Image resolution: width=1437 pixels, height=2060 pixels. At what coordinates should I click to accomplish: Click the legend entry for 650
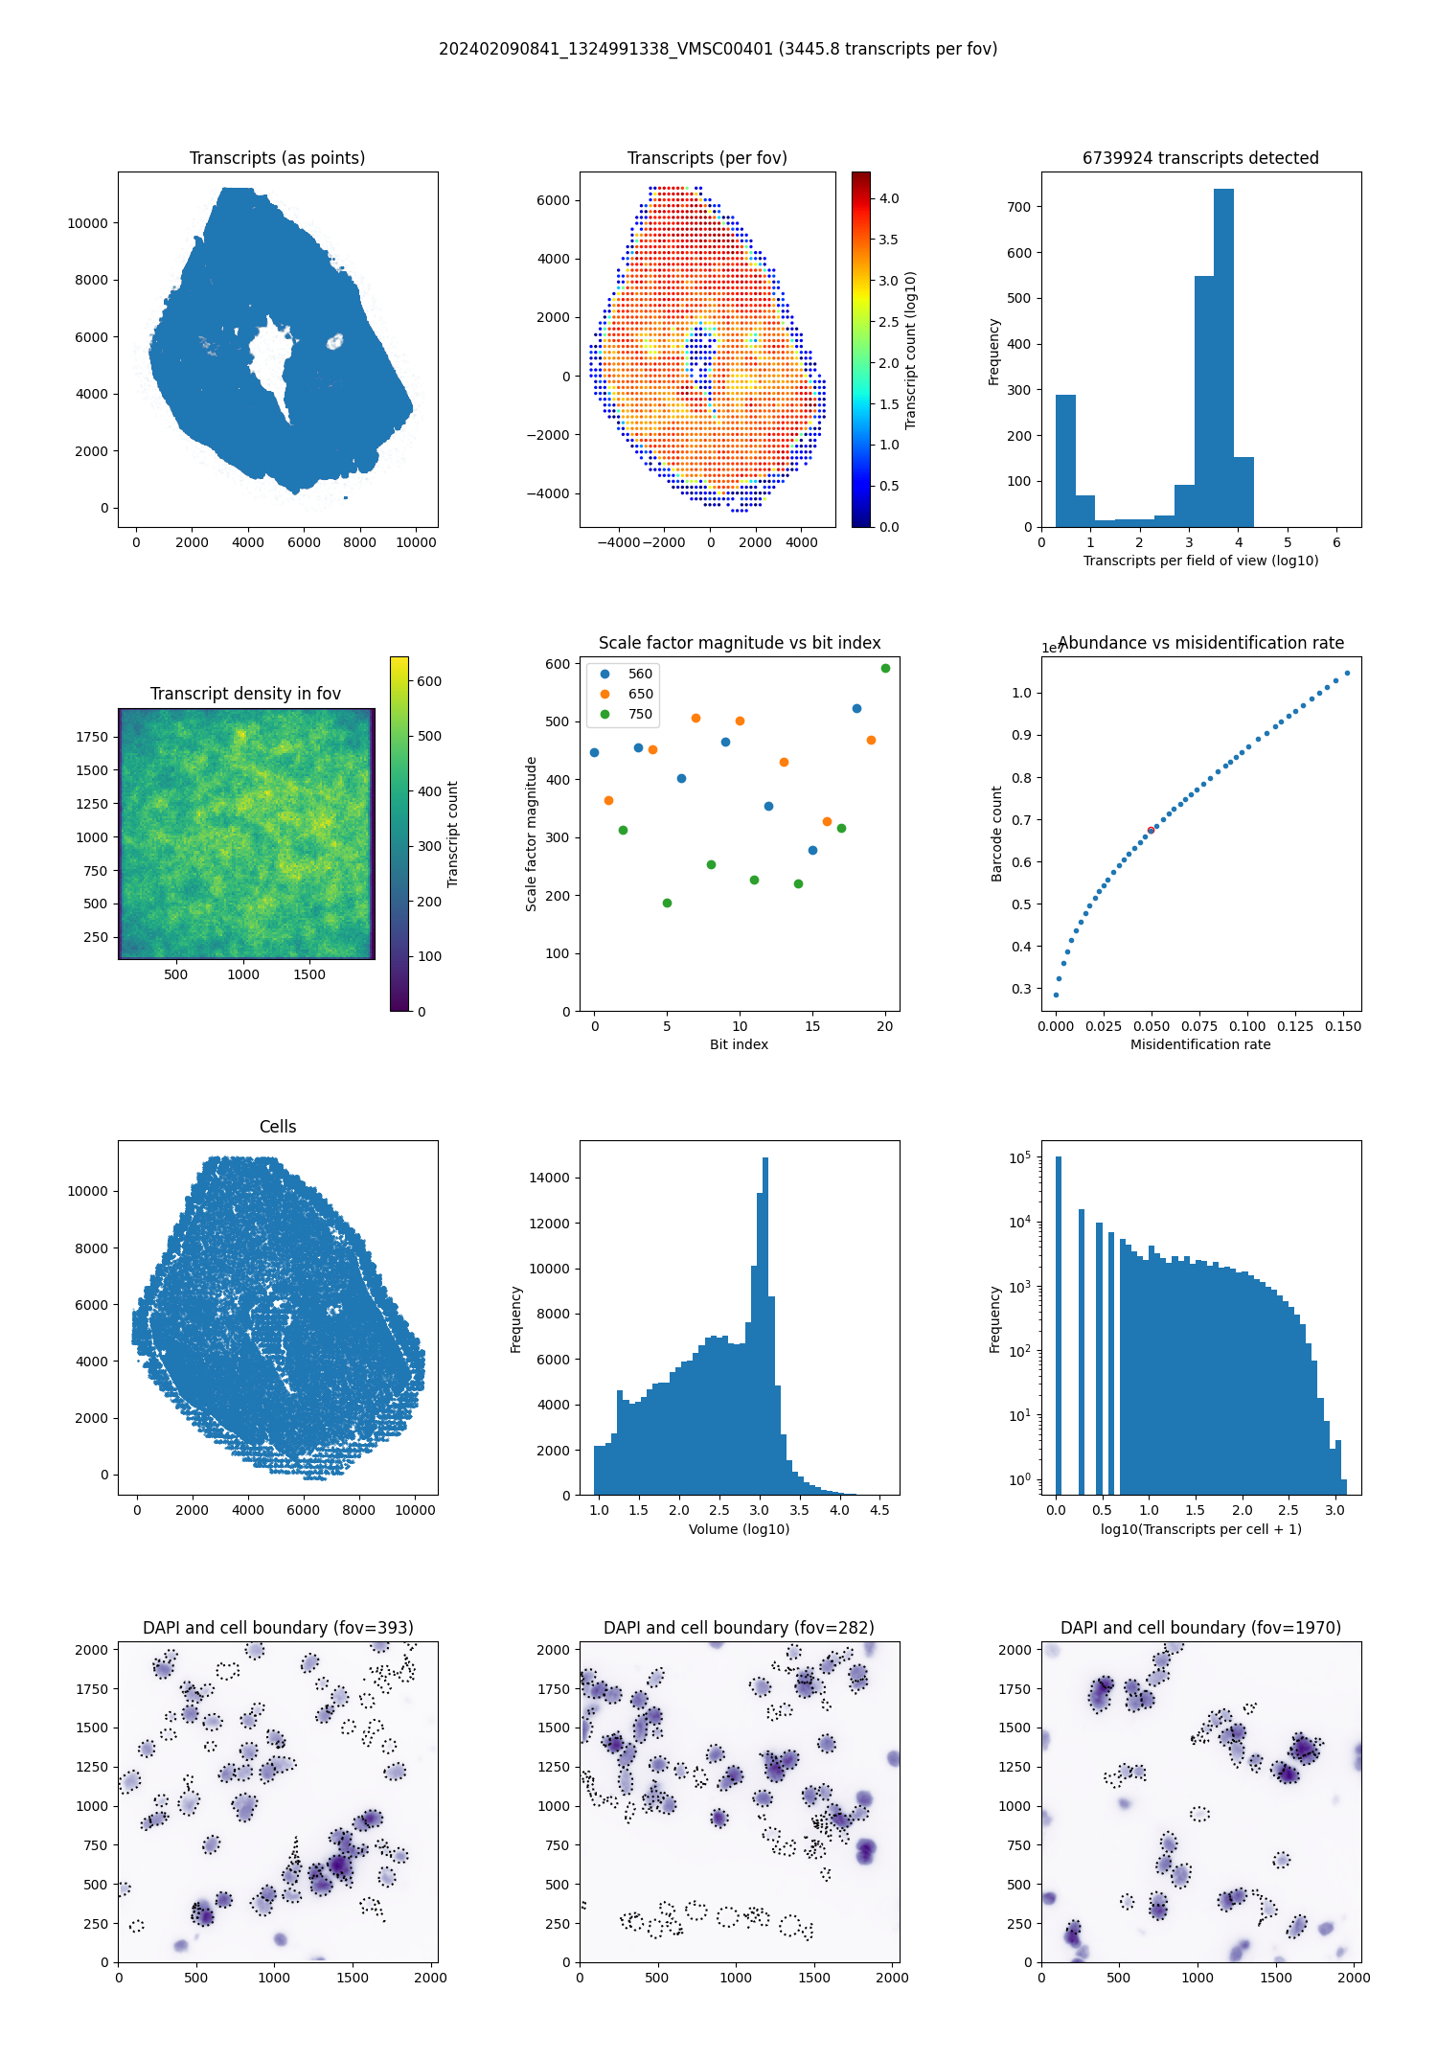640,694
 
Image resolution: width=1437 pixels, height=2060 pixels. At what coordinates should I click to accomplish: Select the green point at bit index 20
885,668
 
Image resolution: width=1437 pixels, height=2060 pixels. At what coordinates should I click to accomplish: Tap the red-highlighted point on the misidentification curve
1151,830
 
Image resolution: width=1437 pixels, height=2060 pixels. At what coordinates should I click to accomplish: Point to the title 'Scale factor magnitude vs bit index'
740,643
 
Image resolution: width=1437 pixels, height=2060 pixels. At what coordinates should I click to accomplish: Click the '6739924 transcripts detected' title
1200,158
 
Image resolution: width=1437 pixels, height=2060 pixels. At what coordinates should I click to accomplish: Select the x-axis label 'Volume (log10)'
740,1529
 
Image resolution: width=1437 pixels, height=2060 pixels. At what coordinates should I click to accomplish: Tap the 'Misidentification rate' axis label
1200,1044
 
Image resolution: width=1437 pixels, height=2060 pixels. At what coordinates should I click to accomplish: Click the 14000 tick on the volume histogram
550,1178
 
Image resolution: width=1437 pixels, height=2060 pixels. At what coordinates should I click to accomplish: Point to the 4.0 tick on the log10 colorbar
889,198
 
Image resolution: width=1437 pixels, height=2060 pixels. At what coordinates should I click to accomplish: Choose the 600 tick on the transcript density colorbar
429,681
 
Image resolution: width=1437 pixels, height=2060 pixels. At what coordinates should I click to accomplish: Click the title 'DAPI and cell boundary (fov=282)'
739,1628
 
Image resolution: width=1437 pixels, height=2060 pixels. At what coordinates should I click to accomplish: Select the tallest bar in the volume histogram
765,1326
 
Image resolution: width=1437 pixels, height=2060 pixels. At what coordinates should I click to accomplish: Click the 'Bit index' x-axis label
739,1044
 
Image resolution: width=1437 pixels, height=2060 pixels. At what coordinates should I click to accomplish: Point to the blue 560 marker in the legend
604,674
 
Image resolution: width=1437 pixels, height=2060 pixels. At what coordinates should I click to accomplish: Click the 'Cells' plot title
278,1127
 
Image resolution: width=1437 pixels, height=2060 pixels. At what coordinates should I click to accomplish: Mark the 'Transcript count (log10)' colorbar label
911,350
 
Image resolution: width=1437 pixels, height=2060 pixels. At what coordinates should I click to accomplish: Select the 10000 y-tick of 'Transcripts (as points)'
87,223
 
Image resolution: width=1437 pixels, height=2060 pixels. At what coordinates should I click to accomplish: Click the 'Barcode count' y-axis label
996,834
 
